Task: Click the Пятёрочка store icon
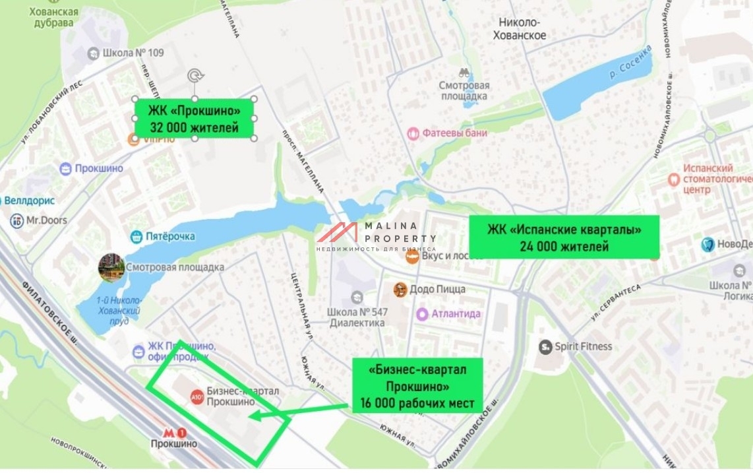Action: tap(136, 236)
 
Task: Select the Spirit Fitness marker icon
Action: tap(545, 346)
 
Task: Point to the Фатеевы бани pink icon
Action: tap(413, 133)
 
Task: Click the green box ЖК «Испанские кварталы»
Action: tap(564, 237)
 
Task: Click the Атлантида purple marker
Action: tap(423, 314)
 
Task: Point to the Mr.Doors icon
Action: tap(17, 220)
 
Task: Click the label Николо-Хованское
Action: tap(520, 29)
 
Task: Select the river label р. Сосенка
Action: tap(630, 63)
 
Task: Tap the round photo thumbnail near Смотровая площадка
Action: tap(111, 267)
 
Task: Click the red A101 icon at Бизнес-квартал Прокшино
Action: tap(196, 397)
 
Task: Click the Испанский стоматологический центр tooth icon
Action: tap(674, 179)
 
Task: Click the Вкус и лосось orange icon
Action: tap(412, 257)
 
